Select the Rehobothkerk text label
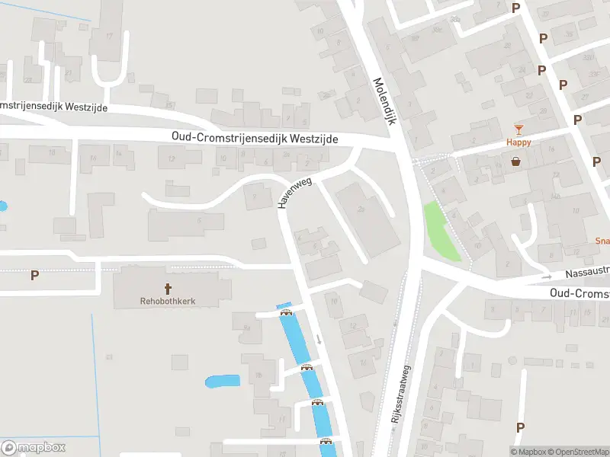[x=167, y=301]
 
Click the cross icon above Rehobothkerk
[x=167, y=289]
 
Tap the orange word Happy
[x=518, y=142]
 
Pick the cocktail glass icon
[x=518, y=129]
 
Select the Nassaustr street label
[x=587, y=273]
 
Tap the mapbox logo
[x=34, y=447]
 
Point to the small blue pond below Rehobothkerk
[x=222, y=381]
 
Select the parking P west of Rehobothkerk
[x=34, y=275]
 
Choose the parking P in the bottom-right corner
[x=520, y=427]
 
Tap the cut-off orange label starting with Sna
[x=602, y=240]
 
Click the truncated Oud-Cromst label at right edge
[x=579, y=293]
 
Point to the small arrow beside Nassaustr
[x=547, y=277]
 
